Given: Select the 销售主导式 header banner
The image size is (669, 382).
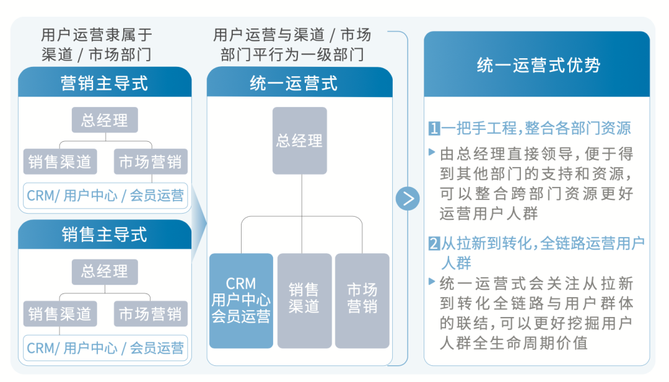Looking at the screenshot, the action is point(105,234).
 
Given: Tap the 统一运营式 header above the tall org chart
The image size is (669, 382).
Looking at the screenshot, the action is point(300,82).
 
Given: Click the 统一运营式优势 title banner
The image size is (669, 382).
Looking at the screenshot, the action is point(536,64).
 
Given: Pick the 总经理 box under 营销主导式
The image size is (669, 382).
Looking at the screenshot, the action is point(105,120).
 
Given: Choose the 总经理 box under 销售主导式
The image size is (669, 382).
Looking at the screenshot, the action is point(105,272).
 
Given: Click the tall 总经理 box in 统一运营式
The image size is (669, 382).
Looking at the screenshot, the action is point(300,141).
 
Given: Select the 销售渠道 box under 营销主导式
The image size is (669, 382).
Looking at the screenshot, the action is point(60,162).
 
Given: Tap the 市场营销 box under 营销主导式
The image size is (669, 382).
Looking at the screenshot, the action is point(151,162).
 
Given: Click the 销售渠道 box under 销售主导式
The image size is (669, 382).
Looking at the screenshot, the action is point(60,314).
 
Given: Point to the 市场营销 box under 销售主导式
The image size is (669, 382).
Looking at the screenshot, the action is point(151,314).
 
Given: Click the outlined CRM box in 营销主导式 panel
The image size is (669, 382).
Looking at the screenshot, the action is point(105,196).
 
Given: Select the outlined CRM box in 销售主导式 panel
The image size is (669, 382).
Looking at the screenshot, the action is point(105,348).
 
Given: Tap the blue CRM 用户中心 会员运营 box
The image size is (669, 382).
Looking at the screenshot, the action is point(241,301).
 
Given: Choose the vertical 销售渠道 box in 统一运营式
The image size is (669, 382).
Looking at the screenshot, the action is point(304,301).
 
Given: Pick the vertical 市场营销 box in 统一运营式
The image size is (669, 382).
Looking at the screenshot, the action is point(362,301).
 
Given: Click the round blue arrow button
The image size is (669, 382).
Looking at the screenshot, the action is point(408,198).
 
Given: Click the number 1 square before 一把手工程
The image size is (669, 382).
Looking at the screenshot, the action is point(434,128).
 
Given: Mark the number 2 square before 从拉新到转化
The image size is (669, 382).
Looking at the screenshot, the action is point(434,244).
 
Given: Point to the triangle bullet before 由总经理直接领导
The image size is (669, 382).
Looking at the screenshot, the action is point(432,152).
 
